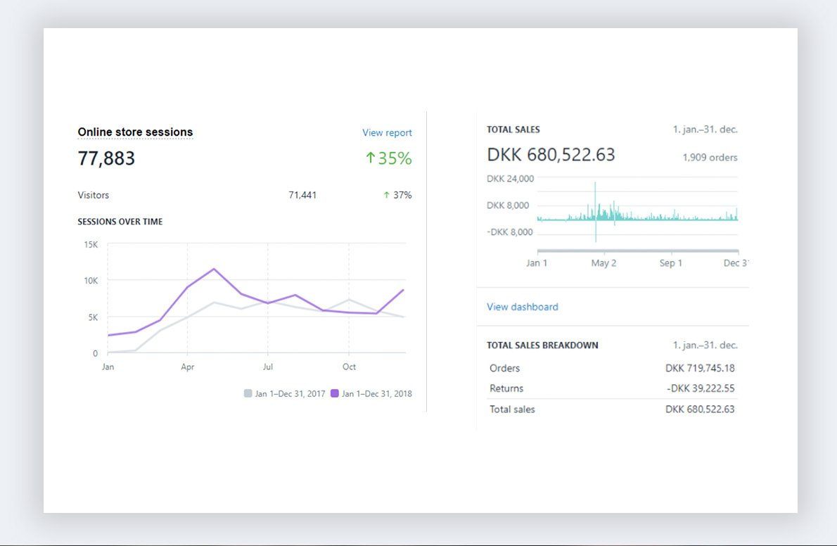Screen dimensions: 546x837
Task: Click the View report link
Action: (x=387, y=133)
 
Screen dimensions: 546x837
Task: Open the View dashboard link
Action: (x=523, y=307)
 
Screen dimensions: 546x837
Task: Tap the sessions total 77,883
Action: (x=106, y=158)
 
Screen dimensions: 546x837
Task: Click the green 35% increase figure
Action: (x=388, y=158)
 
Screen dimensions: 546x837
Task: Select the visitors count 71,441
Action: (x=302, y=195)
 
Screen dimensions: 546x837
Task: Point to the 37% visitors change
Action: (x=397, y=195)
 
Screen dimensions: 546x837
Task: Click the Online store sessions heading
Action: (x=135, y=132)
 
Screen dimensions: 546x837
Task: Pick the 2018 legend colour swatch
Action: (x=335, y=393)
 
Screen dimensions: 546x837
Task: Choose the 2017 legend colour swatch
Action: (x=248, y=393)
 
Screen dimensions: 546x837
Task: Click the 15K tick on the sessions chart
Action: (x=91, y=244)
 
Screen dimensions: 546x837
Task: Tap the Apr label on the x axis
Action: (x=187, y=367)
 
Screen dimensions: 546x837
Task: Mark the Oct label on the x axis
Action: (x=349, y=367)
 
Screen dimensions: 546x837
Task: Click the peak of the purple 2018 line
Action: (x=214, y=269)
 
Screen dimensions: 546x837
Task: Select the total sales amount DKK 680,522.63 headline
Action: (x=551, y=155)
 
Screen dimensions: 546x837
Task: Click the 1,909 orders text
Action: (x=710, y=158)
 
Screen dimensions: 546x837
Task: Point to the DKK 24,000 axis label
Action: (x=510, y=179)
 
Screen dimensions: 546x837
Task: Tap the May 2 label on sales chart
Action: (x=603, y=263)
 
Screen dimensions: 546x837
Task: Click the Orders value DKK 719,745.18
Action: (x=700, y=368)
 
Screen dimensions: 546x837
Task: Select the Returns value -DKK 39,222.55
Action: (x=700, y=388)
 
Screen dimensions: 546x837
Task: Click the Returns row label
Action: (x=506, y=388)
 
